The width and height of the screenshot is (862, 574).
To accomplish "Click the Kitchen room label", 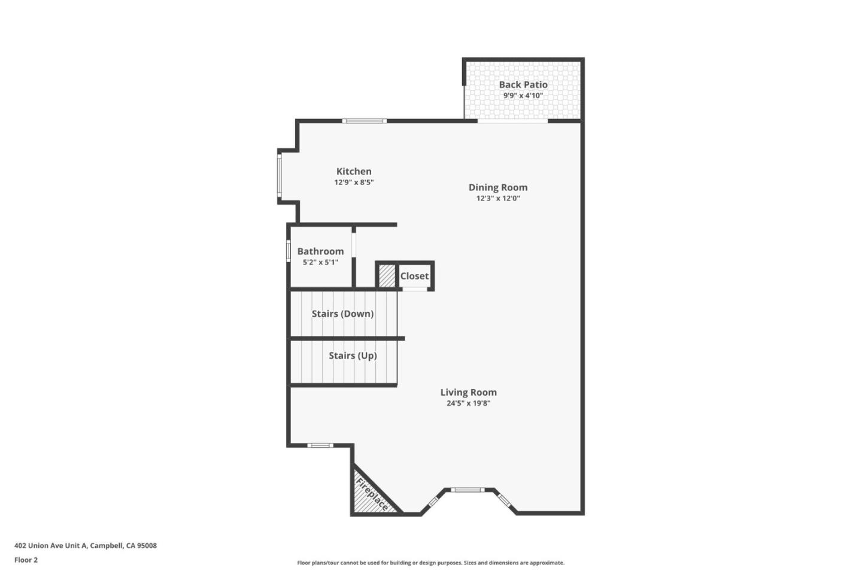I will tap(354, 172).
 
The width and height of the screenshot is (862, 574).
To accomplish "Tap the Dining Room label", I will tap(497, 187).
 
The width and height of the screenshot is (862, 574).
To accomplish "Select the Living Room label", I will tap(468, 393).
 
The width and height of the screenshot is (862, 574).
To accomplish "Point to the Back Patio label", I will tap(523, 85).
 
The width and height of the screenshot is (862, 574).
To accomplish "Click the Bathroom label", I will tap(320, 251).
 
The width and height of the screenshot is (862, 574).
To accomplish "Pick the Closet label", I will tap(414, 276).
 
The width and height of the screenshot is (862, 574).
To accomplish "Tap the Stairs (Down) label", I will tap(342, 314).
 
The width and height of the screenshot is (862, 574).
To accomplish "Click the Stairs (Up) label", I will tap(353, 356).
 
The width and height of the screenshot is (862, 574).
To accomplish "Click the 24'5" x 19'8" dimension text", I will tap(468, 403).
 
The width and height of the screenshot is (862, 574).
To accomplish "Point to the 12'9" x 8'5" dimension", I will tap(354, 183).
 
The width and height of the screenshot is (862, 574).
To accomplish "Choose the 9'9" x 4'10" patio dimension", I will tap(523, 96).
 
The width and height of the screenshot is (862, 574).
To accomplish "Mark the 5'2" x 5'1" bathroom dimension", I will tap(320, 262).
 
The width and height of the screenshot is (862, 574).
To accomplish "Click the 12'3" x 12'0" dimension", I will tap(497, 198).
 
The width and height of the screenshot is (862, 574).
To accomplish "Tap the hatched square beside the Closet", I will tap(387, 276).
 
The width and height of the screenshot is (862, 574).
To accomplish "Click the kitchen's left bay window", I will tap(279, 175).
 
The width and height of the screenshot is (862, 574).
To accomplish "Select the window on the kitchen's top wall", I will tap(365, 121).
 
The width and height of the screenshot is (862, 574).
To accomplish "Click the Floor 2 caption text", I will tap(26, 560).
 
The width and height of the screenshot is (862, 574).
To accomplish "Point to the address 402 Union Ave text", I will tap(86, 546).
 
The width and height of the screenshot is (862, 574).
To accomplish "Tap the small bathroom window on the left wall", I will tap(288, 251).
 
